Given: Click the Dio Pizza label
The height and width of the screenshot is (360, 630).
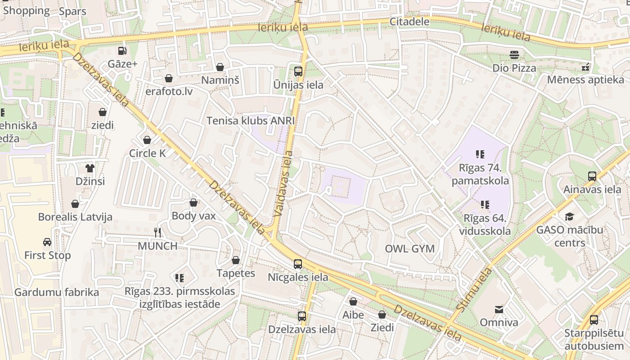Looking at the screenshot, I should pos(514,68).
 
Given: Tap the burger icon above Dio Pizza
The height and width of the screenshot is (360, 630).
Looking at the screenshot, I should pos(514,55).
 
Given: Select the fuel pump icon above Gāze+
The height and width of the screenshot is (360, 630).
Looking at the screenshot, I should pos(122,51).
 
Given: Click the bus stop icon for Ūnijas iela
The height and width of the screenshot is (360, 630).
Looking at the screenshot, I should pos(298,71).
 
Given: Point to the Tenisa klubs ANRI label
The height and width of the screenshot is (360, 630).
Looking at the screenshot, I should pos(251,121).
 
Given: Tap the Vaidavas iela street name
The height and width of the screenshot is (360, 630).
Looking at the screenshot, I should pos(283,184).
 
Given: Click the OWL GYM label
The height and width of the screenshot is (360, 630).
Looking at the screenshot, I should pos(409,248).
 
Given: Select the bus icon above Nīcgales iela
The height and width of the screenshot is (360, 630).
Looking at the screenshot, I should pos(298,264).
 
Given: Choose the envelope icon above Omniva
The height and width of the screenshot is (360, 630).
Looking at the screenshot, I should pos(499,310).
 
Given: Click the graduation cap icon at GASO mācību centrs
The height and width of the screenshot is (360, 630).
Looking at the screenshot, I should pos(569,216).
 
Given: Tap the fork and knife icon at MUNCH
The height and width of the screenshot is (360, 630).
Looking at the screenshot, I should pos(157,233).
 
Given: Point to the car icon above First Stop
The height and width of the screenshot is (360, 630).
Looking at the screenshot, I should pos(47,242).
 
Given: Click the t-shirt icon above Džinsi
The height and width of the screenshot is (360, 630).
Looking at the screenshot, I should pos(90,168).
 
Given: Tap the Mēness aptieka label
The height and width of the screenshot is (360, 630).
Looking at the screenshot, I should pos(585,80).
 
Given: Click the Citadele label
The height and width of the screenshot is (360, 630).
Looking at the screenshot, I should pos(409,22).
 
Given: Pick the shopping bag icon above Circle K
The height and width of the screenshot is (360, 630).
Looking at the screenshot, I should pos(147,140).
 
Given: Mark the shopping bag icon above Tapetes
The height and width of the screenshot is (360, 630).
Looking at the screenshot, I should pos(236,260).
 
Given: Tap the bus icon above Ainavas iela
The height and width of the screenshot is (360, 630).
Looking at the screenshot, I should pos(592,176).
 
